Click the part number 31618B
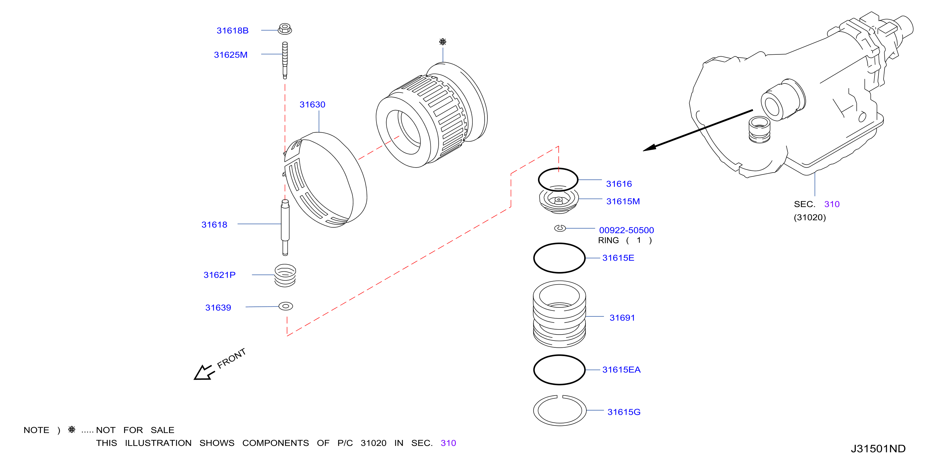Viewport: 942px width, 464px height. [x=232, y=31]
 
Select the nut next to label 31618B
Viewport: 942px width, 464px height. [x=285, y=28]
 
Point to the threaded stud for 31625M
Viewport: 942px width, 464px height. [x=285, y=60]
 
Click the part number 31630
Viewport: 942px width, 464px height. [x=312, y=105]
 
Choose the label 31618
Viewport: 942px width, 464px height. [x=214, y=225]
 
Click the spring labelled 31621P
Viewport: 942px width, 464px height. [x=285, y=275]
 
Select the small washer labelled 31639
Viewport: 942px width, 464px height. [x=286, y=306]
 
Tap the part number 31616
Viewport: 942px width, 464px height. [x=619, y=184]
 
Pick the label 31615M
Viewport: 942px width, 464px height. [x=623, y=202]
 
